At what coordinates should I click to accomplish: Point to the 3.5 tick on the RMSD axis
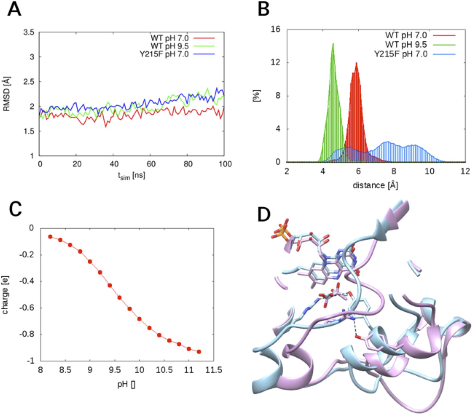click(29, 32)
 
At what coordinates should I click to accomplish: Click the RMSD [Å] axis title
click(7, 94)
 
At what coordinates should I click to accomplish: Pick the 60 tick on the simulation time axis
click(151, 164)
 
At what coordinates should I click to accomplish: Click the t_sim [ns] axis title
click(131, 176)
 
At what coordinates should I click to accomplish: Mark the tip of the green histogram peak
click(333, 44)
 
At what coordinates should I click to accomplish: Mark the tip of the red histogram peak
click(356, 63)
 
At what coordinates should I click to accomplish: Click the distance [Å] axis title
click(375, 185)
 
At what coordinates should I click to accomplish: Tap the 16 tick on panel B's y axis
click(275, 29)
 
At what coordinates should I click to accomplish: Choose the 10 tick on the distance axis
click(429, 171)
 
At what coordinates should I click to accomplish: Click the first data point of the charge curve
click(50, 236)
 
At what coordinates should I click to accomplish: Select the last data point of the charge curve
click(199, 352)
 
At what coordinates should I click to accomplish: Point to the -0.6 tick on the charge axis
click(27, 308)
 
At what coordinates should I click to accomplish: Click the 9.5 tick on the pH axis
click(115, 370)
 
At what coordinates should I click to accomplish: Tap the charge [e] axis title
click(5, 295)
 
